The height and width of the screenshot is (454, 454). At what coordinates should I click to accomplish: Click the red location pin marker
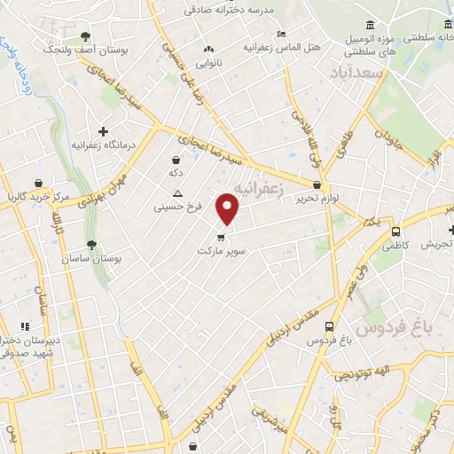pos(229,207)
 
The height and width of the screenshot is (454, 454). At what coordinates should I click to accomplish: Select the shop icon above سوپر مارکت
pos(221,236)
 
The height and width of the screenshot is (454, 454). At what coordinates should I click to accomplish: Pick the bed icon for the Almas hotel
pos(282,34)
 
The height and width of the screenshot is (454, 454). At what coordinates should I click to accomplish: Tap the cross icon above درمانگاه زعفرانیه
pos(104,131)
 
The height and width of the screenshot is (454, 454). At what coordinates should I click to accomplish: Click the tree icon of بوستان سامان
pos(92,242)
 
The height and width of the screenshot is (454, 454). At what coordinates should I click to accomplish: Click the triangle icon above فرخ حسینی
pos(178,193)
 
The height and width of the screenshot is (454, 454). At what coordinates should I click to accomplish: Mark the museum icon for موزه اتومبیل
pos(369,26)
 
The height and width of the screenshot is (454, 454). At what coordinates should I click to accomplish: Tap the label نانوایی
pos(208,63)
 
